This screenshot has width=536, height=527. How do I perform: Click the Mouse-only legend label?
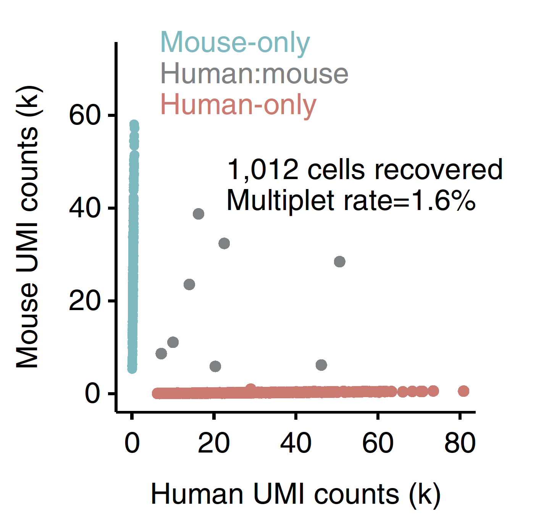point(235,43)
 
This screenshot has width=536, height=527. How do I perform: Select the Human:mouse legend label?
point(254,74)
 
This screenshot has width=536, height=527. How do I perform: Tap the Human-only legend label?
point(238,105)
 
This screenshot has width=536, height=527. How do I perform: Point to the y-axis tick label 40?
point(85,208)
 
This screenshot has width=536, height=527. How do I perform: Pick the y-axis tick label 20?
point(85,301)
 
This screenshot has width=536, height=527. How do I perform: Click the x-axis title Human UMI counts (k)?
point(295,494)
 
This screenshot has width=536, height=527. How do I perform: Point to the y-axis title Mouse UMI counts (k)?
point(27,227)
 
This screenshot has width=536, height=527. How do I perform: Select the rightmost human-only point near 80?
point(463,391)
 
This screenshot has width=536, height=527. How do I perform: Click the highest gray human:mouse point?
point(199,214)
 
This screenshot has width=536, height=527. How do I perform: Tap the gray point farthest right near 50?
point(339,262)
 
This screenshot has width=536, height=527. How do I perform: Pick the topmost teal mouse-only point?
point(134,125)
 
